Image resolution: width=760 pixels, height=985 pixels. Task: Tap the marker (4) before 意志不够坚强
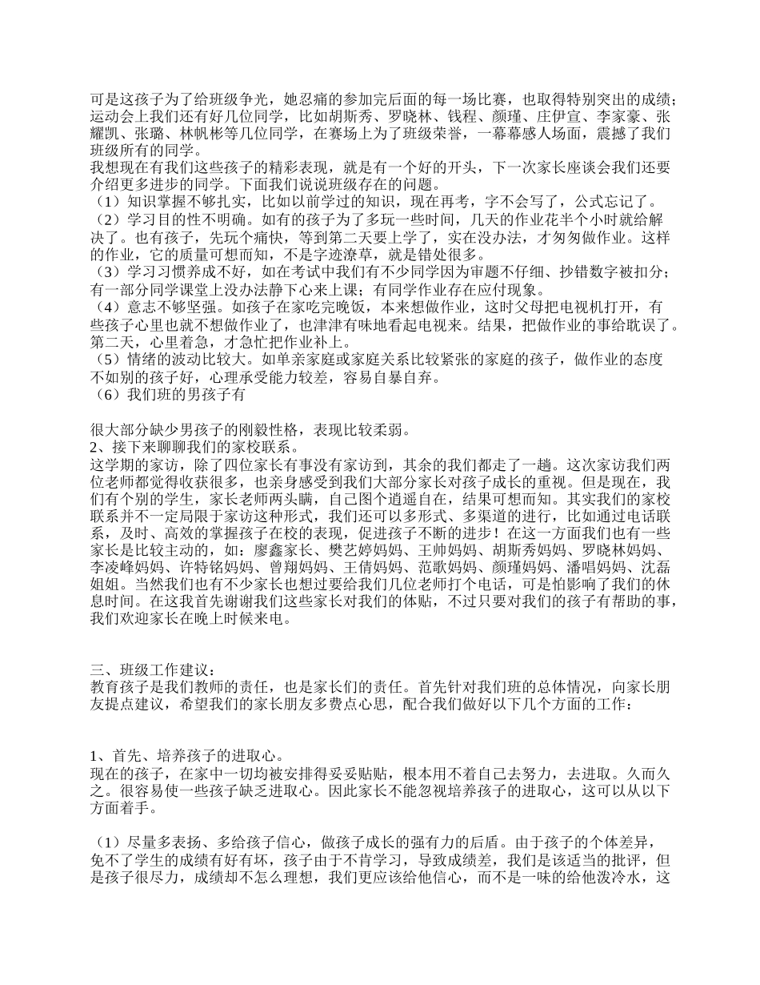[107, 308]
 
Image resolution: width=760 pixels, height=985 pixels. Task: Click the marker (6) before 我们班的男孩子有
[107, 394]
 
